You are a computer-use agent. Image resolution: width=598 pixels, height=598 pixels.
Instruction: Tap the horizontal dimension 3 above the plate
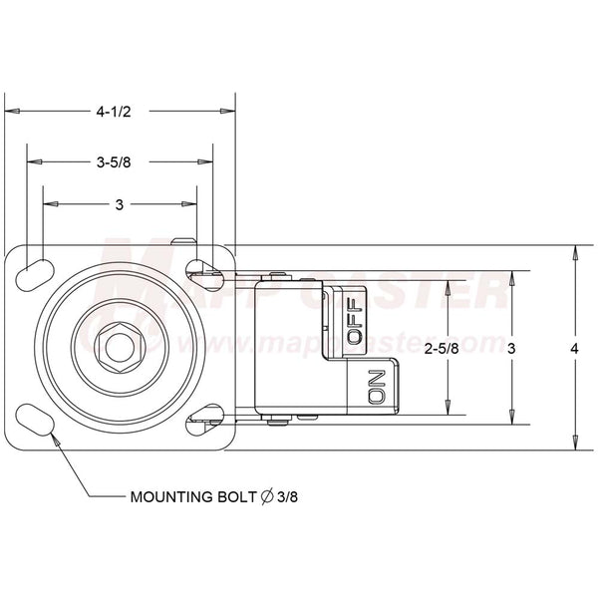119,204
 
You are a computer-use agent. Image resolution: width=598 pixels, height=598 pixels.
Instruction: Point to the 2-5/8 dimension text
442,349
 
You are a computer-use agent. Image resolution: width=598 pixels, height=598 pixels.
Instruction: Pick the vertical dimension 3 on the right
511,349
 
